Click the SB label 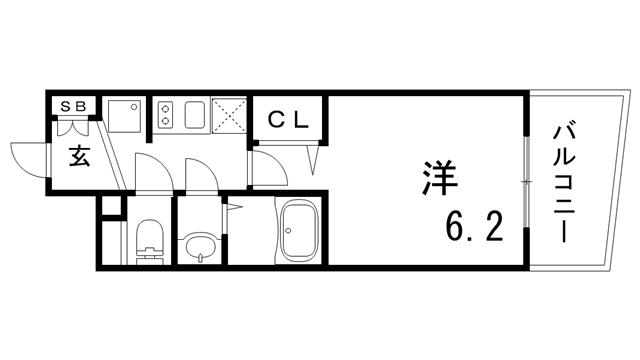point(74,104)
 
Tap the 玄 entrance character point(80,155)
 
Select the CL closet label point(291,118)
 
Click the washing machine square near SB point(125,117)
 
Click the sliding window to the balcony point(526,181)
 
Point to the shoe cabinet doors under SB point(75,127)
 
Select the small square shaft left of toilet point(111,207)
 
